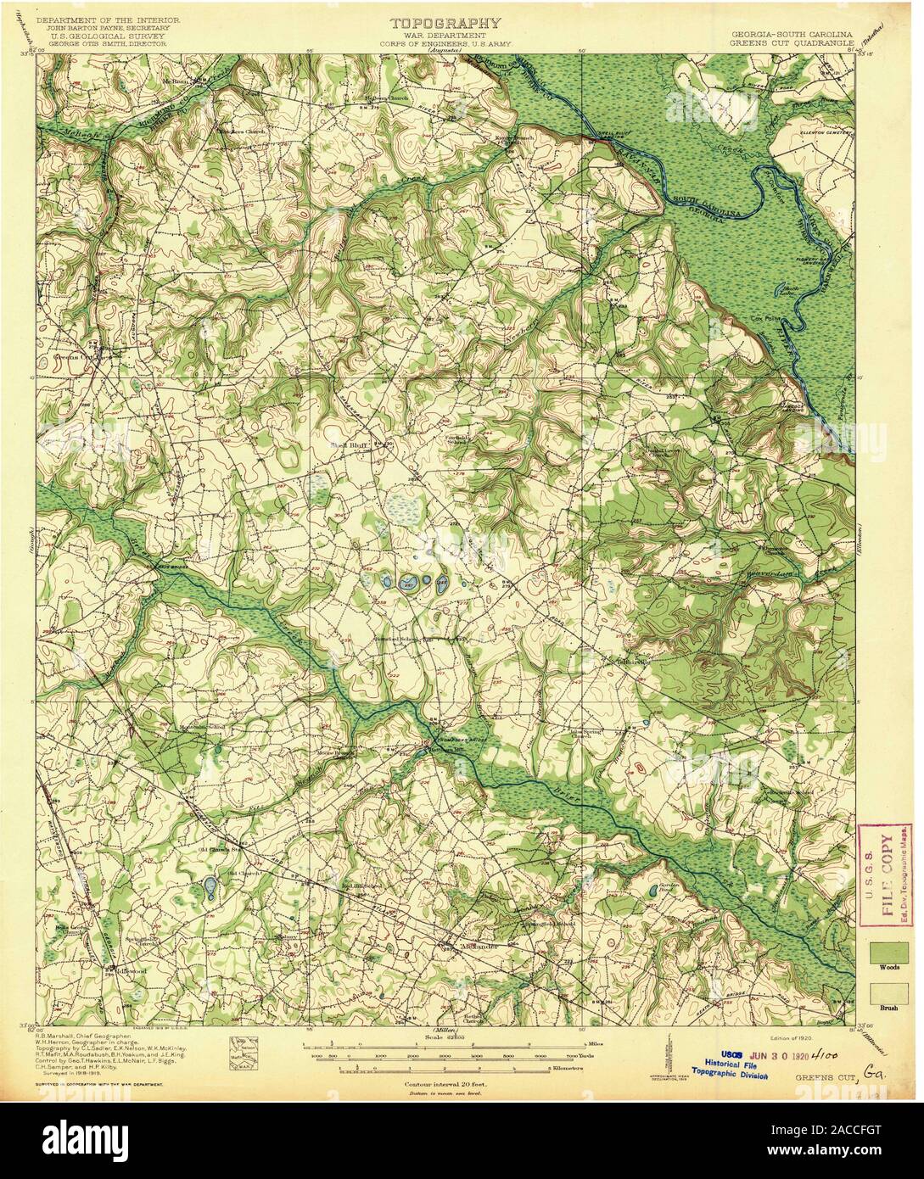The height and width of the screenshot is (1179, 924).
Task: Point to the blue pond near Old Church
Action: pos(209,887)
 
